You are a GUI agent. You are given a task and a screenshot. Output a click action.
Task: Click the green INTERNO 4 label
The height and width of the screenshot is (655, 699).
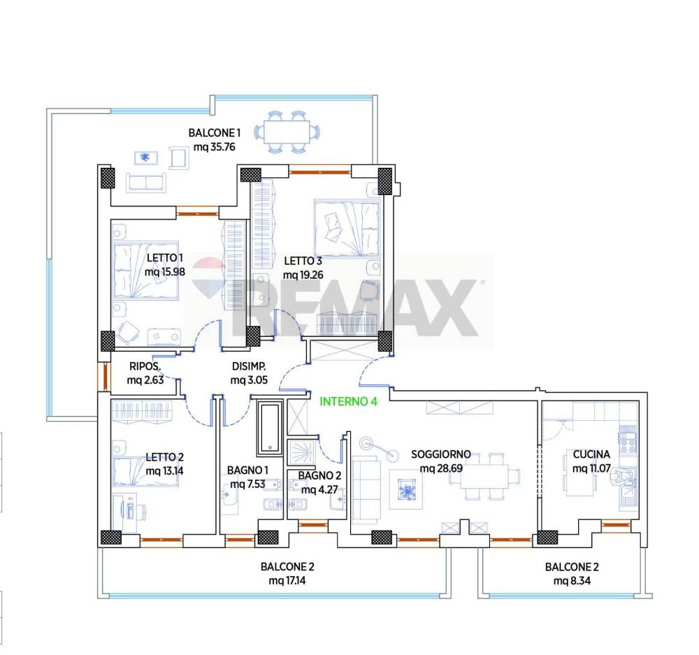point(348,401)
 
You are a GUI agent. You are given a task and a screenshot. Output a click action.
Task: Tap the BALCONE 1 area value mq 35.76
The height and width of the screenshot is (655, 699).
point(214,147)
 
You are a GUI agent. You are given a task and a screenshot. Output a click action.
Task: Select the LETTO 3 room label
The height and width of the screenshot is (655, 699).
point(303,261)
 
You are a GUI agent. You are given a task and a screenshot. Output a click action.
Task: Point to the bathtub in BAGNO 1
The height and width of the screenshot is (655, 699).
point(270,428)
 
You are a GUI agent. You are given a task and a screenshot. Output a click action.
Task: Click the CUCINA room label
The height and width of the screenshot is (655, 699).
point(591,454)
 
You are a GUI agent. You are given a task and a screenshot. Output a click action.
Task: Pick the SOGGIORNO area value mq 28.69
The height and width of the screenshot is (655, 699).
point(441,468)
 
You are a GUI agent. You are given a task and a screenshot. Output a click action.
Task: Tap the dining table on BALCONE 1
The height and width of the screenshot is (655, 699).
point(287,132)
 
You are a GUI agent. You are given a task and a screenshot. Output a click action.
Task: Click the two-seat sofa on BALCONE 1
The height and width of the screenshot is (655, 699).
point(146,182)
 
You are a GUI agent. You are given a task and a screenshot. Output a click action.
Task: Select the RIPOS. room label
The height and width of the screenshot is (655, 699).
point(145,366)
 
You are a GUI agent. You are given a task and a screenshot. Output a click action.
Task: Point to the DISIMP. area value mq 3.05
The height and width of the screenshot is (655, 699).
point(249,380)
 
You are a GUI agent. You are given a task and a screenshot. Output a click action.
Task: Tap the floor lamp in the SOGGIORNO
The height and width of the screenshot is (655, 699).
point(378,448)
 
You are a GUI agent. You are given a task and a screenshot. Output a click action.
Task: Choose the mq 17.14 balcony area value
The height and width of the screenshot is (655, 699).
point(287,580)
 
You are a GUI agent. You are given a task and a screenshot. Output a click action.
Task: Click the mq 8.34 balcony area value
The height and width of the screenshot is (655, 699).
point(572,580)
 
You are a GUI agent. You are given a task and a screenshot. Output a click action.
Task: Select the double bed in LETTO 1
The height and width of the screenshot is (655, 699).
point(146,271)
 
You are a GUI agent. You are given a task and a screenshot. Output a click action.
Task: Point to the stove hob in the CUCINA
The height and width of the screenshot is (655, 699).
point(628,440)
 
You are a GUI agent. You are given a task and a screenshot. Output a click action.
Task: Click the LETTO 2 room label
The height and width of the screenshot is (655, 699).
point(164,457)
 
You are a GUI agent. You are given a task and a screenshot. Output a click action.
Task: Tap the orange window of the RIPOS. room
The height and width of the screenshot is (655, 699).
point(106,377)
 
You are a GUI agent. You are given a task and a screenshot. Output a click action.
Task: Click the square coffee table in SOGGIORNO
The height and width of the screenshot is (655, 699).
point(405,489)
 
